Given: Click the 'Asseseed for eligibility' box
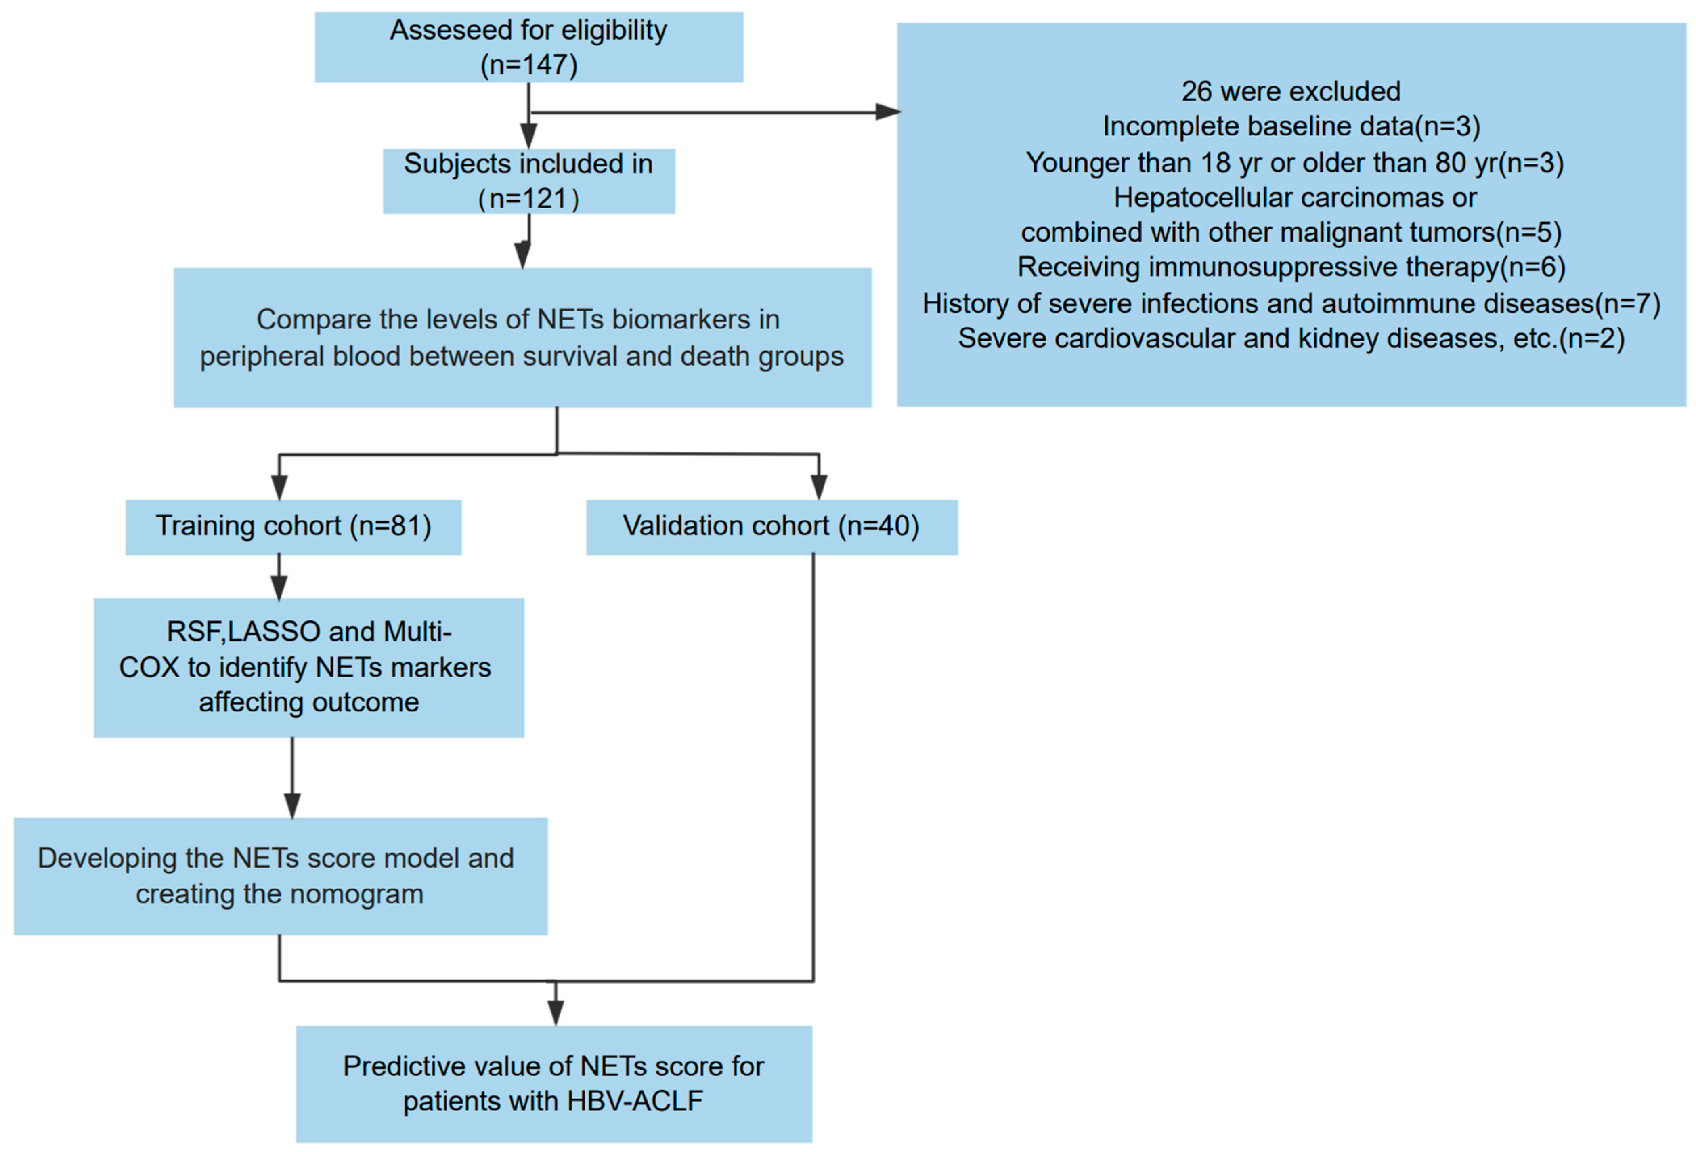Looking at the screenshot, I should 528,47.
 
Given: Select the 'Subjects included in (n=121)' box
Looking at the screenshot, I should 528,181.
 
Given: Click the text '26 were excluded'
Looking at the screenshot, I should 1290,91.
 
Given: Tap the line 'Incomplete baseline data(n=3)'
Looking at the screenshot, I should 1290,126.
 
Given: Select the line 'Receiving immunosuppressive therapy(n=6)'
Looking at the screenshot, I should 1290,267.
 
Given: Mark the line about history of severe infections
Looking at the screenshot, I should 1290,303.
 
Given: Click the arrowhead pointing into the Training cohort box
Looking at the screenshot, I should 279,488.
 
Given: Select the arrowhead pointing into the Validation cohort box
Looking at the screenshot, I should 819,488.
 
